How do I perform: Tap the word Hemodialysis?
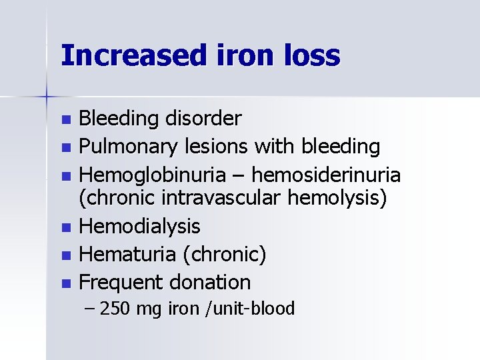pos(139,227)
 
